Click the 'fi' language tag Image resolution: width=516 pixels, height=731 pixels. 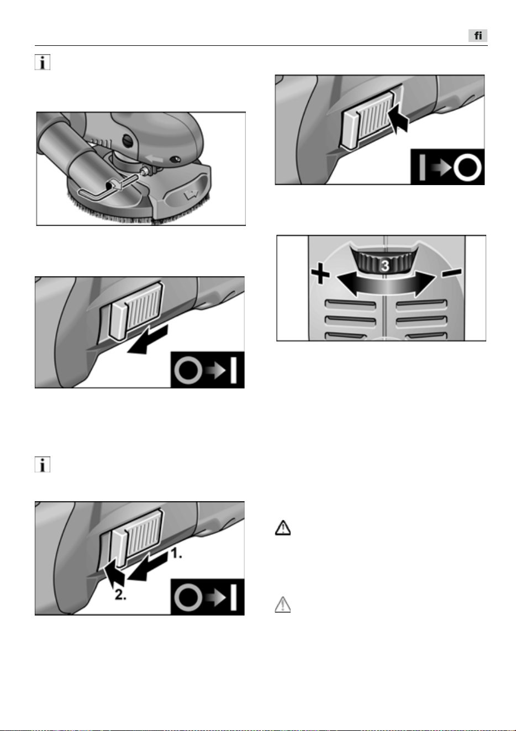coord(478,35)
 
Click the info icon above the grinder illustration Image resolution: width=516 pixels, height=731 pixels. coord(43,62)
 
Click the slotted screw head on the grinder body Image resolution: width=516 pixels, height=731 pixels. coord(128,141)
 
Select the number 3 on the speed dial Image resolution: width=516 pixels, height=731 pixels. coord(385,266)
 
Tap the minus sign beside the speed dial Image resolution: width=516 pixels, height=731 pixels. coord(452,272)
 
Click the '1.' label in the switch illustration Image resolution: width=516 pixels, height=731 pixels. coord(177,553)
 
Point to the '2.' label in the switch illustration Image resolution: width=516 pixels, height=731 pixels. coord(120,595)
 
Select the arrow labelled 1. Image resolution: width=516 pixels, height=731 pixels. coord(148,568)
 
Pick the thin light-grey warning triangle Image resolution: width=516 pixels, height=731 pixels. coord(283,604)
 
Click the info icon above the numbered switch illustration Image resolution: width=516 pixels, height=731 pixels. coord(43,464)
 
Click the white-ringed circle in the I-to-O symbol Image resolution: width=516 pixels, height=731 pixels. coord(468,167)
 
